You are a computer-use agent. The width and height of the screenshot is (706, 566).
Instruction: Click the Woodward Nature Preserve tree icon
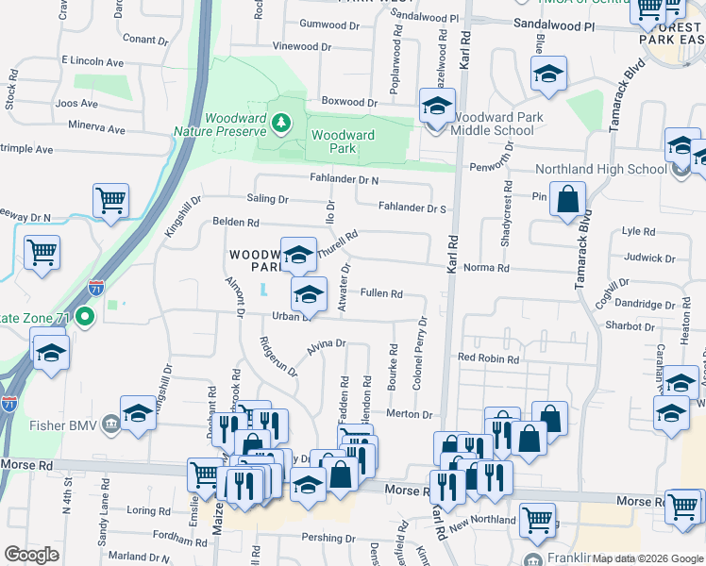tap(279, 122)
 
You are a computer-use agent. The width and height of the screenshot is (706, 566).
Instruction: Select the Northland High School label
tap(600, 169)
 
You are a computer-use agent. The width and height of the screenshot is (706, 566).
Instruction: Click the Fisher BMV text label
tap(70, 423)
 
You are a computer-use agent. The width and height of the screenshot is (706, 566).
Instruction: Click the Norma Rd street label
tap(490, 268)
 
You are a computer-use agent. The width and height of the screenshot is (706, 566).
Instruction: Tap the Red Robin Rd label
tap(488, 358)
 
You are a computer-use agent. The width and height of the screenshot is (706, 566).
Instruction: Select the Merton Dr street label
tap(410, 414)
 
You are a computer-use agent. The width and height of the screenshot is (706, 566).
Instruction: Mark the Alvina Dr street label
tap(326, 347)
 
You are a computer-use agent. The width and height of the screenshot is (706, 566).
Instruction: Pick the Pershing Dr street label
tap(325, 537)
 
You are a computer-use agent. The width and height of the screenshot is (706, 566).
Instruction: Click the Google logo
tap(31, 555)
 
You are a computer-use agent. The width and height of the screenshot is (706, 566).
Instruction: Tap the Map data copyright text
tap(647, 558)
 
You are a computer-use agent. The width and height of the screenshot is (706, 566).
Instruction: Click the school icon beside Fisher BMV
tap(139, 415)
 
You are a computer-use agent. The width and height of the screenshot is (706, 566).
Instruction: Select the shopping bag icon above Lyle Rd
tap(567, 199)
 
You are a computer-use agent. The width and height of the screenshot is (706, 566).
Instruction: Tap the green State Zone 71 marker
tap(85, 317)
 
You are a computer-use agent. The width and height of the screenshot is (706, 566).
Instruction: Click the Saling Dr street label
tap(267, 199)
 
